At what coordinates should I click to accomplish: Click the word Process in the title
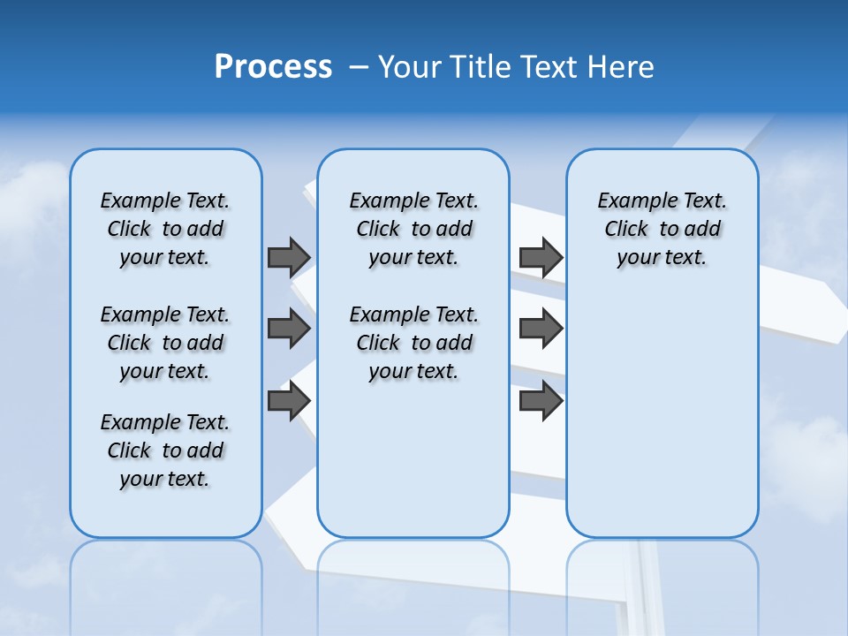tap(273, 67)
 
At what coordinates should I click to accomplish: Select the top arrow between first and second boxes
tap(289, 257)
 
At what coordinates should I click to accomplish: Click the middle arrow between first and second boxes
tap(289, 329)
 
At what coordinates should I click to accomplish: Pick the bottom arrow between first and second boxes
tap(289, 401)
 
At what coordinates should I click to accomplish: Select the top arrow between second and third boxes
tap(541, 257)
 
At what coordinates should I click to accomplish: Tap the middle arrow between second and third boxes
tap(541, 329)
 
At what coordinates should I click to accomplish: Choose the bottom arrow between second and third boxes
tap(541, 401)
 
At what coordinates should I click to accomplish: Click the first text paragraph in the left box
tap(165, 229)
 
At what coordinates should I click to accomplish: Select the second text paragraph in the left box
tap(165, 343)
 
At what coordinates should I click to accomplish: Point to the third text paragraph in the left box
tap(165, 450)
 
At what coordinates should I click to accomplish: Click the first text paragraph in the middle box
tap(413, 229)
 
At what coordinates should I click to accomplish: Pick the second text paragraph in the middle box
tap(413, 343)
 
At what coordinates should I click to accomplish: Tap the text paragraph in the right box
tap(662, 229)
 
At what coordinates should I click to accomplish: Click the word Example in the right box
tap(630, 201)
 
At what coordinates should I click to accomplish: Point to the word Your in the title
tap(410, 67)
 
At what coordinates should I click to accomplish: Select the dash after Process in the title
tap(358, 67)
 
